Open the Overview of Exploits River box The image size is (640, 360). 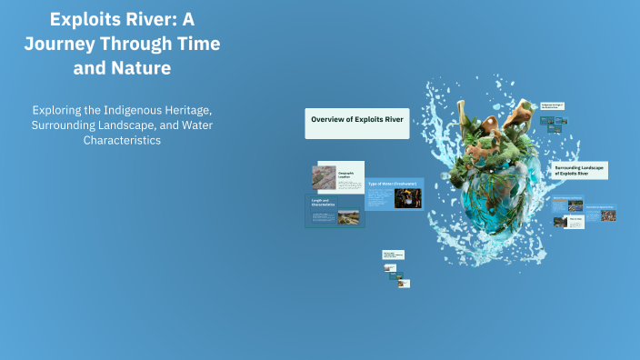click(356, 123)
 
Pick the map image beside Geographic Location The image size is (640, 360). click(323, 176)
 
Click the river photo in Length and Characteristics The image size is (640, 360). click(348, 218)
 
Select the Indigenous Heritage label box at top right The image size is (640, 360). click(553, 107)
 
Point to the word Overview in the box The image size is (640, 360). click(326, 119)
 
